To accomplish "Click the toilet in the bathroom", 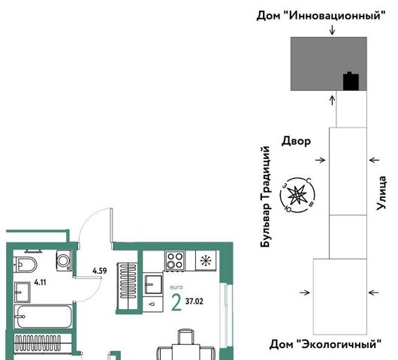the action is click(x=25, y=265).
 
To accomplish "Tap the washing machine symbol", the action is click(x=64, y=260).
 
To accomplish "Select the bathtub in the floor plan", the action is click(x=44, y=316).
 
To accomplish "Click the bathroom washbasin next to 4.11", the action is click(x=23, y=292).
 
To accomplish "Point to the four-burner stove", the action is click(x=175, y=260).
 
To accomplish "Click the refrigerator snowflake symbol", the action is click(x=206, y=261).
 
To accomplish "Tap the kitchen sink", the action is click(x=153, y=284).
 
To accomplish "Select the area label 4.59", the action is click(x=100, y=271).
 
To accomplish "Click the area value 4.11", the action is click(x=41, y=282).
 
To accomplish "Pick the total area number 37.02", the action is click(x=194, y=301).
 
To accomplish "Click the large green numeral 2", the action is click(x=176, y=302).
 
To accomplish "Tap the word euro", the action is click(x=176, y=287).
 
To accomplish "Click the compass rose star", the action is click(x=297, y=195).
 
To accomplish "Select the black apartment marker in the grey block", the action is click(x=351, y=81).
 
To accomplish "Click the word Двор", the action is click(x=296, y=141).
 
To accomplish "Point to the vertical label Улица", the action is click(x=381, y=193).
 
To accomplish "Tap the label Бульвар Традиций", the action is click(x=265, y=196).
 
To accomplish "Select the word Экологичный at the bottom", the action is click(x=339, y=344).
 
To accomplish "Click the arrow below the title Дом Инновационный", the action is click(x=332, y=30).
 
